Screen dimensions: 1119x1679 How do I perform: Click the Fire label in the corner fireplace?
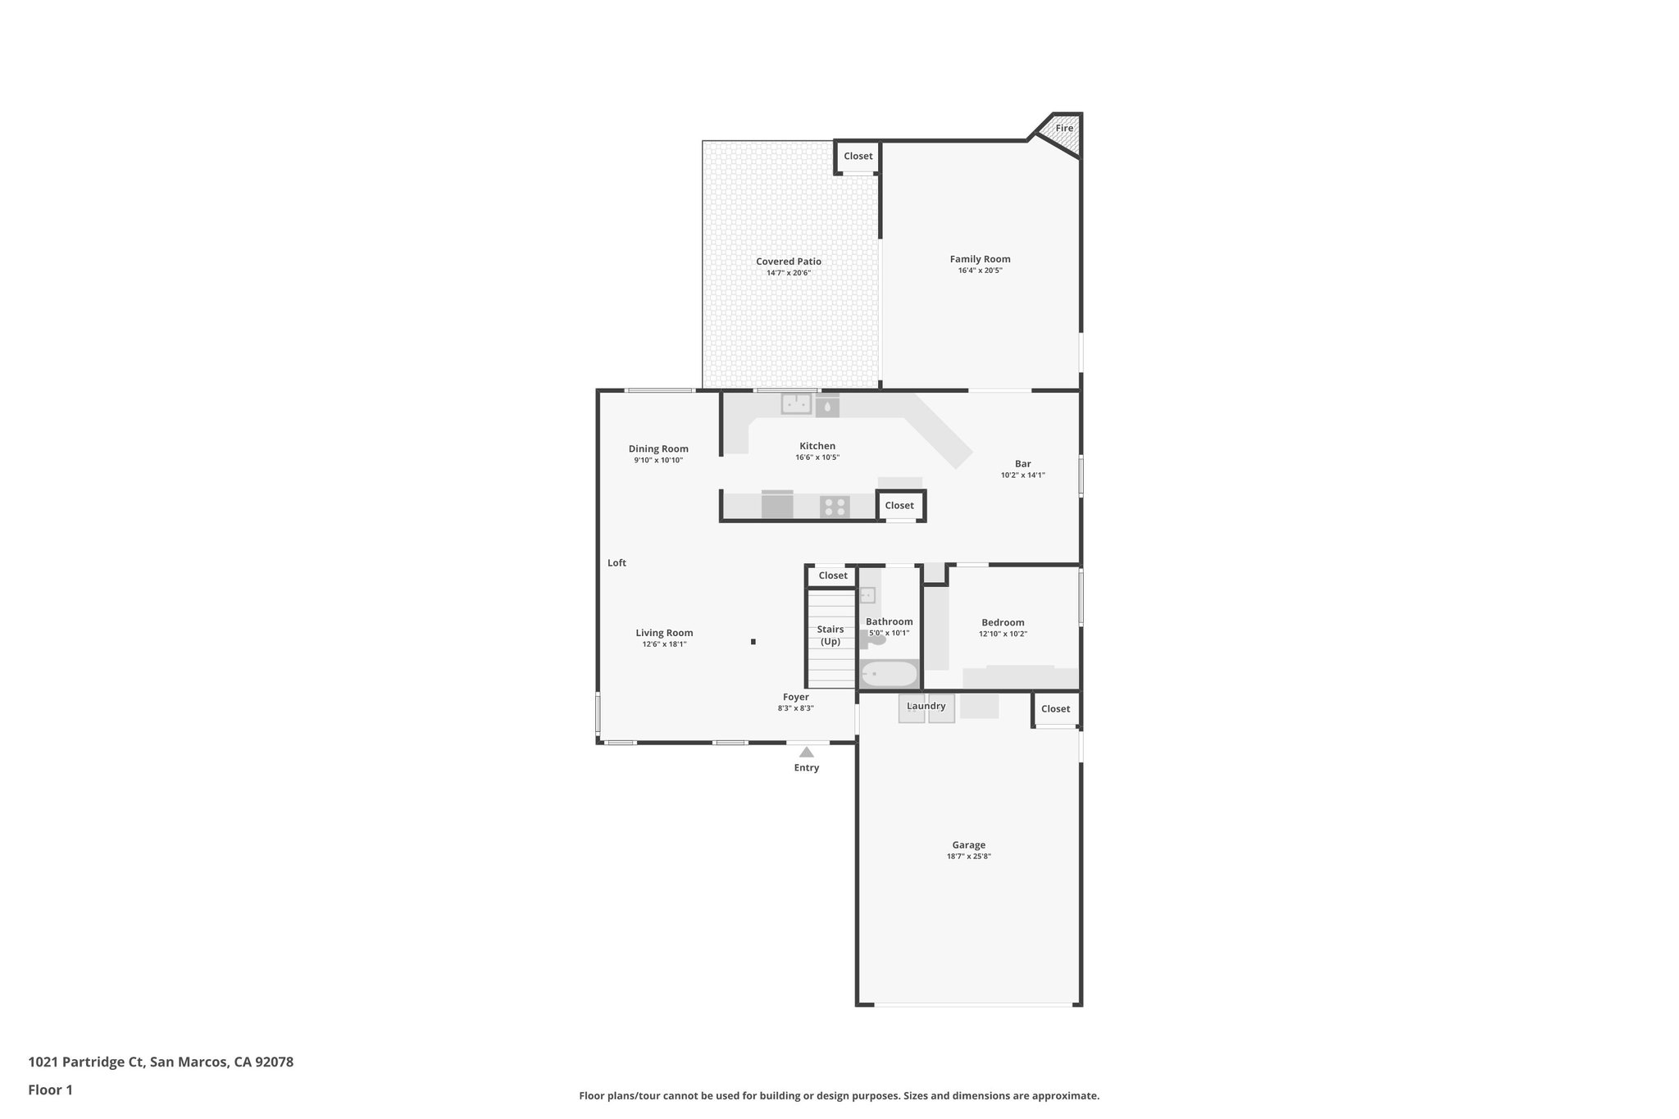pyautogui.click(x=1063, y=129)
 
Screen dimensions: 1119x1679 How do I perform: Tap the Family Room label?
pyautogui.click(x=980, y=259)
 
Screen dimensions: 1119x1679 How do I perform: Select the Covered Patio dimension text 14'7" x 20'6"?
pyautogui.click(x=788, y=273)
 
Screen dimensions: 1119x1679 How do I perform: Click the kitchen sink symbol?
pyautogui.click(x=795, y=404)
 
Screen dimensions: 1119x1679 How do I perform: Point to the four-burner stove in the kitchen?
pyautogui.click(x=835, y=507)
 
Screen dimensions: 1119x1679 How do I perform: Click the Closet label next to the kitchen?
pyautogui.click(x=899, y=506)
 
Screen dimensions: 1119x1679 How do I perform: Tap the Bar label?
pyautogui.click(x=1022, y=464)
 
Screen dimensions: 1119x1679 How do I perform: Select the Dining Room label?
pyautogui.click(x=658, y=448)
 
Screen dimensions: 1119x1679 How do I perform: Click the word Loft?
pyautogui.click(x=617, y=563)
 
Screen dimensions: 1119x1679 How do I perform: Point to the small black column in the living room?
pyautogui.click(x=753, y=642)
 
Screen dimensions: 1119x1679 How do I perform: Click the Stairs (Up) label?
pyautogui.click(x=830, y=635)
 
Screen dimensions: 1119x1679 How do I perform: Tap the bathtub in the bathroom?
pyautogui.click(x=889, y=675)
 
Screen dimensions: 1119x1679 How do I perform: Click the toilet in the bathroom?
pyautogui.click(x=876, y=639)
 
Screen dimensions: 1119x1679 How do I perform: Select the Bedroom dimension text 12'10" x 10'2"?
pyautogui.click(x=1003, y=634)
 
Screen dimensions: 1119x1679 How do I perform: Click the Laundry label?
pyautogui.click(x=926, y=706)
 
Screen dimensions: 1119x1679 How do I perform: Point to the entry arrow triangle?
pyautogui.click(x=807, y=752)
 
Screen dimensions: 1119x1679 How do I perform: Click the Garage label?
pyautogui.click(x=968, y=845)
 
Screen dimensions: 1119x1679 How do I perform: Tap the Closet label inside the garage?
pyautogui.click(x=1055, y=709)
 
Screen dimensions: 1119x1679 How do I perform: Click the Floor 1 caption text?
pyautogui.click(x=50, y=1090)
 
